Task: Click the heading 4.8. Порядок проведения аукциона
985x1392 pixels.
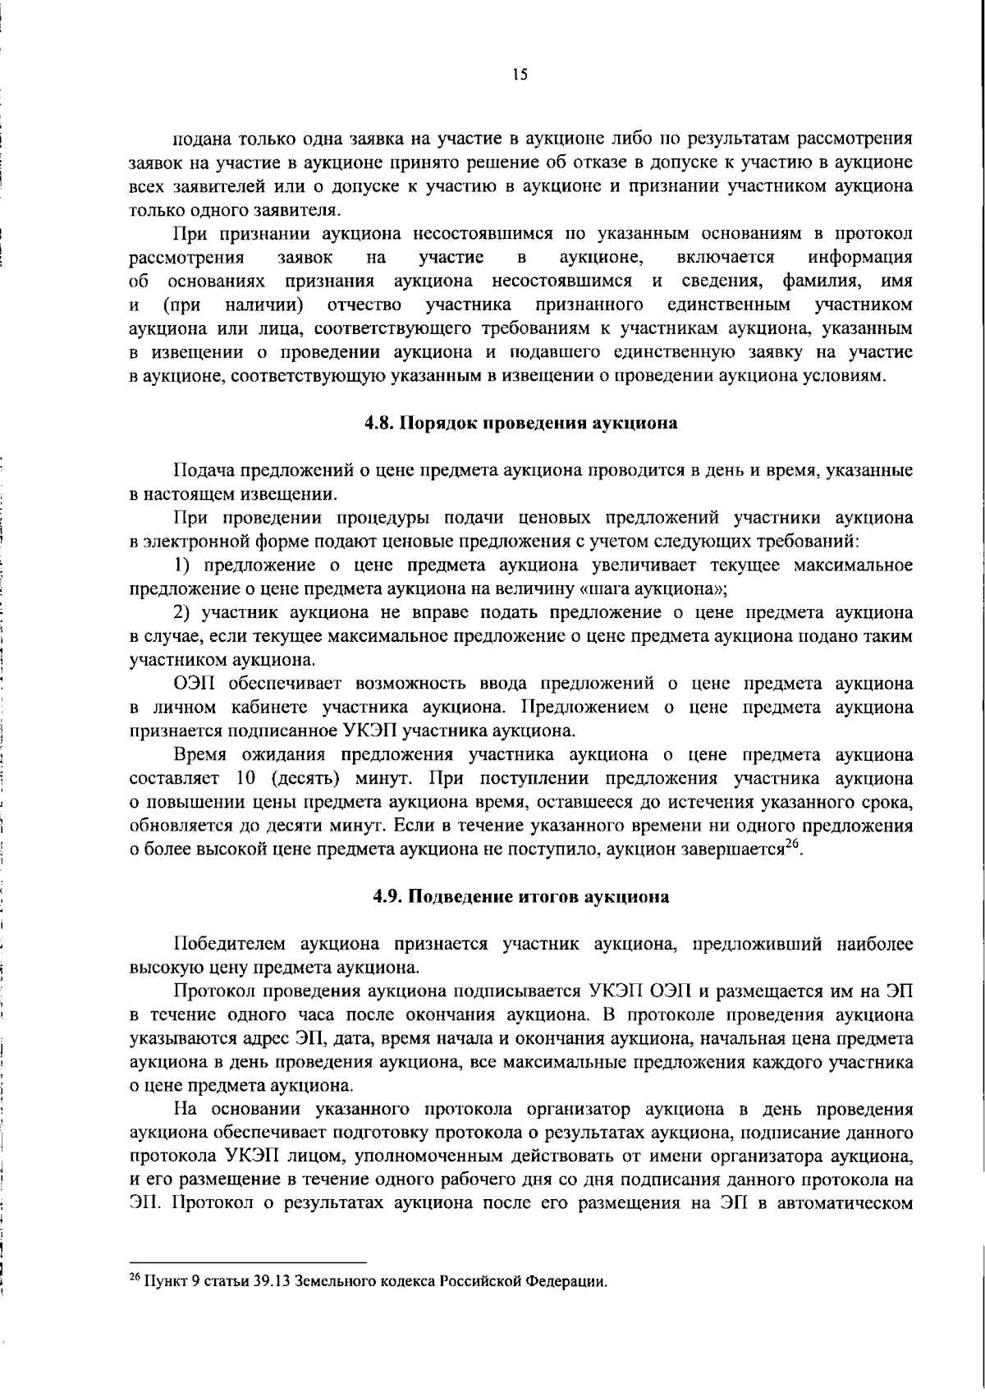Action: pyautogui.click(x=521, y=424)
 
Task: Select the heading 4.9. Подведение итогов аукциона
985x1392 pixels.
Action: pyautogui.click(x=521, y=896)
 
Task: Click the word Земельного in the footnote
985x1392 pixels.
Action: pyautogui.click(x=328, y=1281)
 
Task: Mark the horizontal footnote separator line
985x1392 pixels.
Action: pyautogui.click(x=248, y=1262)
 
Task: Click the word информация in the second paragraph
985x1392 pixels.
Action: pyautogui.click(x=860, y=258)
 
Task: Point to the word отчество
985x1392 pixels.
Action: pyautogui.click(x=364, y=305)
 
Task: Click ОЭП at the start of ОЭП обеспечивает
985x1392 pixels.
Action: pyautogui.click(x=195, y=683)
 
